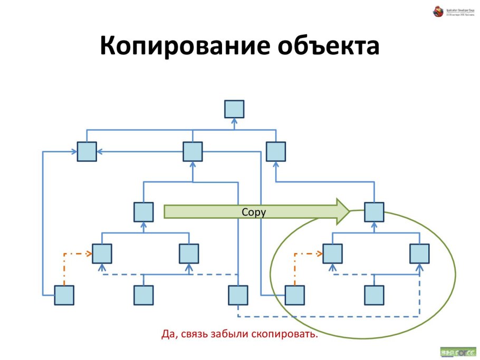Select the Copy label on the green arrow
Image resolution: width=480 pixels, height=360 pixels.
point(253,212)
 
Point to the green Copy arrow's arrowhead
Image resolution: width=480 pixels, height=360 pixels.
point(343,211)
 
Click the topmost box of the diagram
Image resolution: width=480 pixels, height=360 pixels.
point(234,109)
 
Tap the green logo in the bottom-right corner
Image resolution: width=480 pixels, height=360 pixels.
point(457,351)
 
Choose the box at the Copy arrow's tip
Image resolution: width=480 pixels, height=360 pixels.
point(374,212)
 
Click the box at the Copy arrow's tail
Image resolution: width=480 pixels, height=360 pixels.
point(143,212)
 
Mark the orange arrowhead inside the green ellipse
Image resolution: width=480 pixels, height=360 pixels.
point(320,254)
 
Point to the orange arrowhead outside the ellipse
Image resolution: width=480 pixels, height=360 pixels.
point(89,254)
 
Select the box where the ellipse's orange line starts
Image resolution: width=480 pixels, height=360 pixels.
point(294,295)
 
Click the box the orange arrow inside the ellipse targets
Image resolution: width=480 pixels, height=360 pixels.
point(332,254)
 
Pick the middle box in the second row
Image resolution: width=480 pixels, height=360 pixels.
point(193,152)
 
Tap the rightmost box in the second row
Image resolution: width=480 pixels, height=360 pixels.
point(275,152)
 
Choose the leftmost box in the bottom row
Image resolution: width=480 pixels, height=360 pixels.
point(64,295)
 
